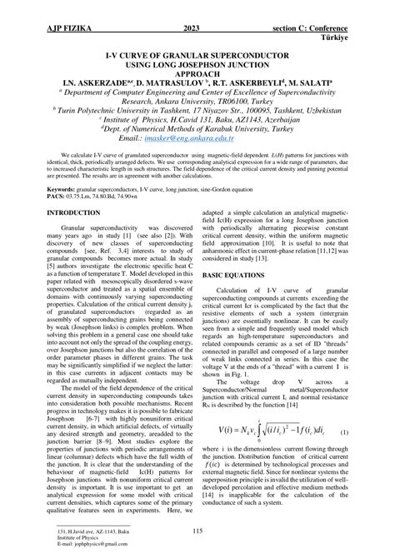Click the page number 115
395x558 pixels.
point(197,531)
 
